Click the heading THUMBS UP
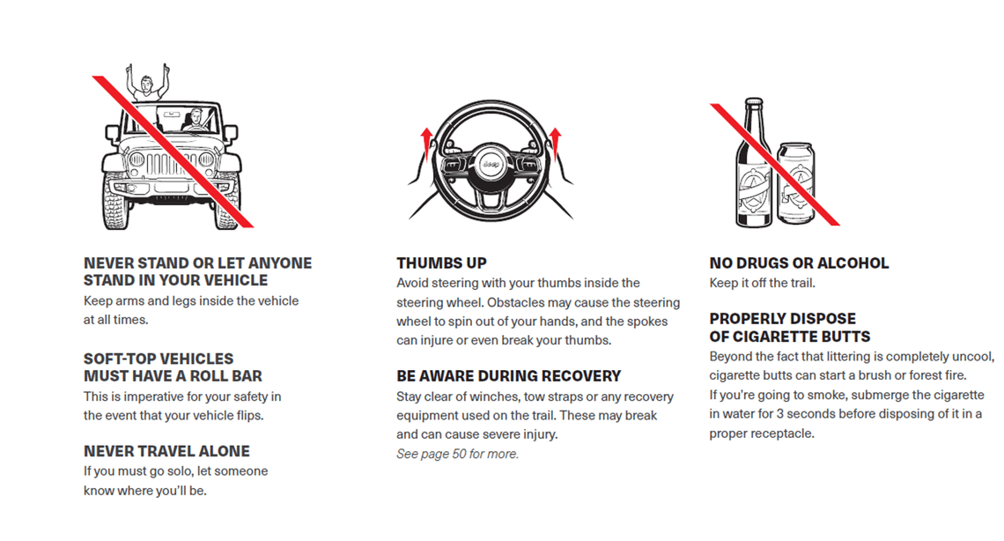click(441, 263)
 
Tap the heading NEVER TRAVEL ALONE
click(166, 451)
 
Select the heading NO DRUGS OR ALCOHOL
click(799, 263)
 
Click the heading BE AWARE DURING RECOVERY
click(508, 376)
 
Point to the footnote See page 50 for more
click(457, 455)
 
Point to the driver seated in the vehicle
click(197, 120)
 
